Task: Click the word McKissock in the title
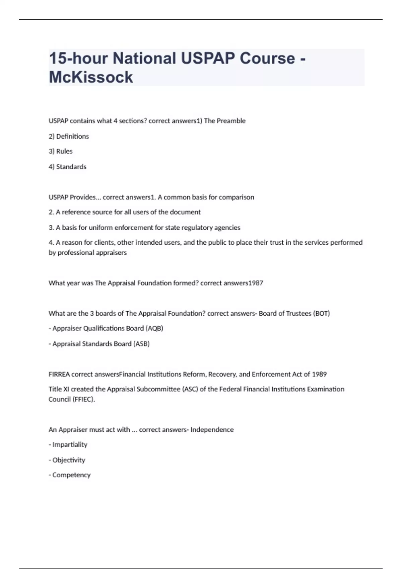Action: click(x=91, y=77)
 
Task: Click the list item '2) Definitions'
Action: click(x=69, y=136)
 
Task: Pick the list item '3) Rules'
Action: click(x=61, y=151)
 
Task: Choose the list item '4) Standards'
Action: click(x=67, y=167)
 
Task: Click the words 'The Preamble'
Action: click(x=224, y=121)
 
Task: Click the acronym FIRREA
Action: click(x=59, y=374)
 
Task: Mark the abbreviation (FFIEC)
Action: click(x=83, y=399)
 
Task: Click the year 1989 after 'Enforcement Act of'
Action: click(x=319, y=374)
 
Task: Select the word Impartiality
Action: click(x=70, y=444)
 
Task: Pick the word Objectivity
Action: click(x=69, y=460)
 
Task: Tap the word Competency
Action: click(x=71, y=475)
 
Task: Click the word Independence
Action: click(x=212, y=430)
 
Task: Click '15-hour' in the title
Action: click(x=78, y=58)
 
